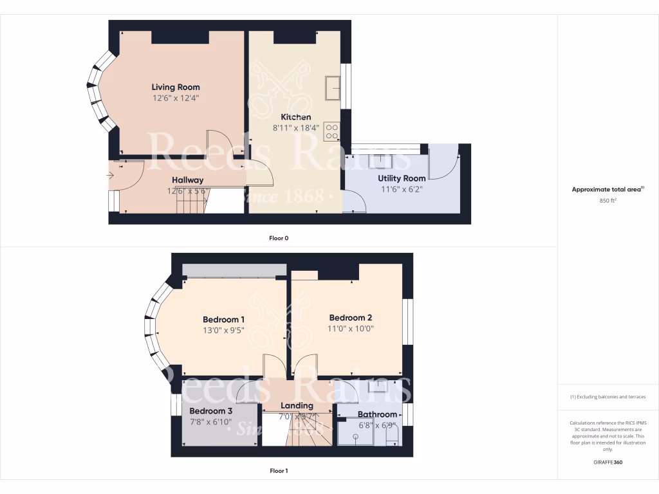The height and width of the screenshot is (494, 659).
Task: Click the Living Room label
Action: click(176, 87)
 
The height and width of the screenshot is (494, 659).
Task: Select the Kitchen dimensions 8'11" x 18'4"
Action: click(295, 128)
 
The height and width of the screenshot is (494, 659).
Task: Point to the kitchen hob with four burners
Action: click(332, 131)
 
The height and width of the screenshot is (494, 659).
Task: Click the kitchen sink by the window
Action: click(333, 88)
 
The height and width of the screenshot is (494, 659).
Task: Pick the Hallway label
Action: click(187, 180)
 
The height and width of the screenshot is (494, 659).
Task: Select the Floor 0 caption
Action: click(279, 238)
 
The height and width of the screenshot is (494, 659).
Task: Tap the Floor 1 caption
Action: click(279, 471)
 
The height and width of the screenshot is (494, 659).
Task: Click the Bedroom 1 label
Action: click(223, 319)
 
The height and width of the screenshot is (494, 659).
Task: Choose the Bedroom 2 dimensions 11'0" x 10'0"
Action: click(351, 329)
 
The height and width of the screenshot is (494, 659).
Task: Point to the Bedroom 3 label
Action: click(210, 410)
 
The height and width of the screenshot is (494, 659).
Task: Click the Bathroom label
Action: click(377, 414)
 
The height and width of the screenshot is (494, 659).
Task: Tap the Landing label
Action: click(297, 406)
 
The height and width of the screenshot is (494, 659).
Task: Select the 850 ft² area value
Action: click(608, 201)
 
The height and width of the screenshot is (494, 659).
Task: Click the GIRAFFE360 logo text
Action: click(608, 462)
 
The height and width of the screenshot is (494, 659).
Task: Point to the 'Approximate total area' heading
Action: click(608, 190)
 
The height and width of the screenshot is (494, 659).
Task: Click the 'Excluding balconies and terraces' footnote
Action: click(608, 397)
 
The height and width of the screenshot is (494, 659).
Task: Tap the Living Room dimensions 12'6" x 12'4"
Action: click(176, 98)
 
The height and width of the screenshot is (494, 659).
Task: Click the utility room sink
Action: click(385, 160)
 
